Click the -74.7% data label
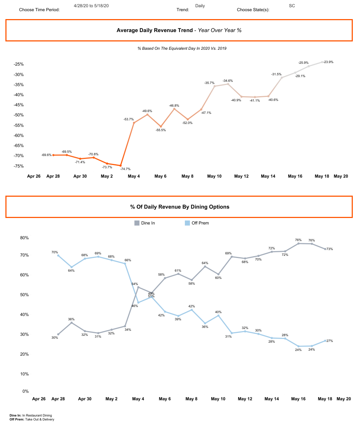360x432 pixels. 125,169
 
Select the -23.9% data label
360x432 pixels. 328,62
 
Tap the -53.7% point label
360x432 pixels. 129,119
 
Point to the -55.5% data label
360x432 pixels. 161,130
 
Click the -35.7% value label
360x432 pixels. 209,83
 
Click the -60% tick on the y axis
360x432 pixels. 18,135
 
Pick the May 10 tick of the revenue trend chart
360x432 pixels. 214,176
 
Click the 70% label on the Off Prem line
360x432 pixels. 55,252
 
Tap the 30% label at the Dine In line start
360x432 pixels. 55,338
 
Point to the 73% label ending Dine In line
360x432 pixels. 329,249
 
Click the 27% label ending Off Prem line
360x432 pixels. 329,340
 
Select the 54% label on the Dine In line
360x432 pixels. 134,284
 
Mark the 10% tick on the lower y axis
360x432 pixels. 26,374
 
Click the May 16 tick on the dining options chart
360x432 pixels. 298,399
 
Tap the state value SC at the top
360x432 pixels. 292,6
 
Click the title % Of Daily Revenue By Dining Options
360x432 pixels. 179,207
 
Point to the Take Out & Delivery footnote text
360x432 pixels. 40,419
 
